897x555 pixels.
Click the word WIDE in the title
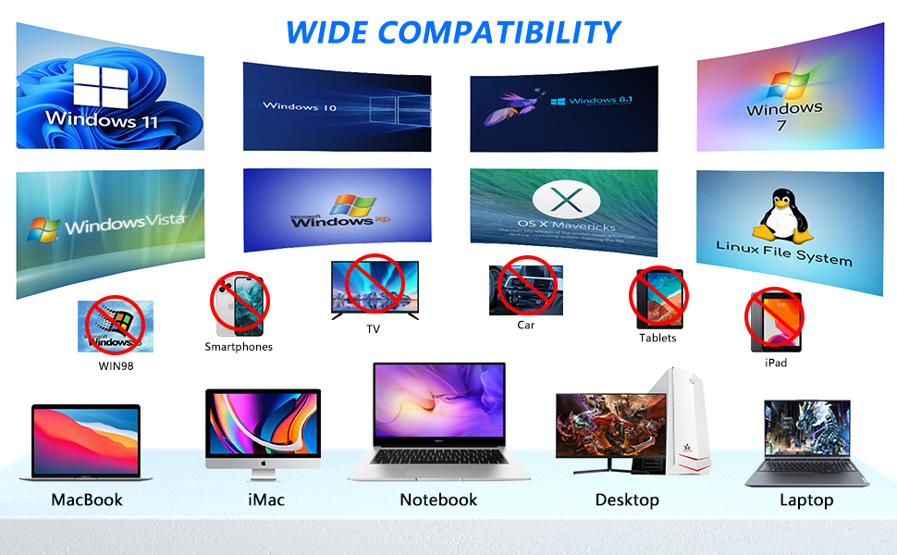(x=327, y=31)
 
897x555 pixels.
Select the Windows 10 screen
(x=337, y=106)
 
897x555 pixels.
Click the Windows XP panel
(x=337, y=210)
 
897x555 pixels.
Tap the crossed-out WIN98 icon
(x=114, y=326)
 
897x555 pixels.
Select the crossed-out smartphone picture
(x=240, y=305)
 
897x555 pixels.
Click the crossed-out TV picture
(x=375, y=289)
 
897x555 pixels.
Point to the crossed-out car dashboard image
(x=525, y=289)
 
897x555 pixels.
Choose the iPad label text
(x=776, y=364)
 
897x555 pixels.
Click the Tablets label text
(x=657, y=338)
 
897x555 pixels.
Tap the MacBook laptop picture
(x=85, y=442)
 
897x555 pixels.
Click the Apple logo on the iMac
(x=263, y=462)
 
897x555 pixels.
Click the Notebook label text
(x=438, y=499)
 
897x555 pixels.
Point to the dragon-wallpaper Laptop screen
(x=806, y=430)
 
